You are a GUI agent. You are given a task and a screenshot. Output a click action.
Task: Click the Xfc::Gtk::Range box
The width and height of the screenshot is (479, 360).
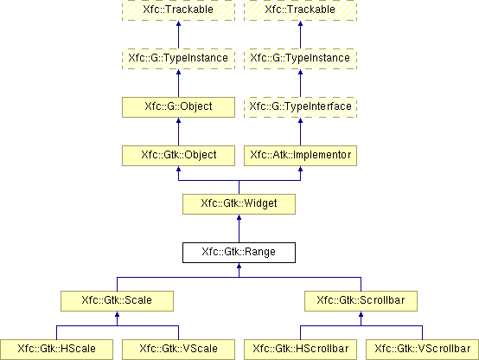click(x=239, y=253)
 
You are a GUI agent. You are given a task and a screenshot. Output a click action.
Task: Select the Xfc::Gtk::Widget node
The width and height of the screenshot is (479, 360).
click(x=239, y=204)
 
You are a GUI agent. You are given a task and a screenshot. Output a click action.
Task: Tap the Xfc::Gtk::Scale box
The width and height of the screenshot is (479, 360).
click(x=117, y=301)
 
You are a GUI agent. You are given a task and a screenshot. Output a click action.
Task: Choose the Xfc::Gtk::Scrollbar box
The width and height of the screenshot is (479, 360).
click(x=361, y=301)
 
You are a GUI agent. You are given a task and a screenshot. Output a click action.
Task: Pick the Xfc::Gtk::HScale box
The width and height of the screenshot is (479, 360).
click(x=56, y=350)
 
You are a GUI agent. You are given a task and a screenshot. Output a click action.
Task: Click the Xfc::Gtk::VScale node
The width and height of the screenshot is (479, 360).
click(x=178, y=350)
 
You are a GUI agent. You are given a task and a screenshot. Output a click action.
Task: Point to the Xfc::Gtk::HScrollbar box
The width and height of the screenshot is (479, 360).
click(x=300, y=350)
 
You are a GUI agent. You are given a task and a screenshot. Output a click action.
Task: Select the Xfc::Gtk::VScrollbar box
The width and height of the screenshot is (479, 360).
click(x=422, y=350)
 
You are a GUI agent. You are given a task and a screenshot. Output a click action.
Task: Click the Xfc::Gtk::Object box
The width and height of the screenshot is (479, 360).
click(x=178, y=156)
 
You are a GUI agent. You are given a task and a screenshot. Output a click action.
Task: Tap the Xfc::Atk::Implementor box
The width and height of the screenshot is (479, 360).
click(x=300, y=156)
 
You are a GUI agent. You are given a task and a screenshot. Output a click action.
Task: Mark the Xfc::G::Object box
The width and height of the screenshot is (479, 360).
click(x=178, y=107)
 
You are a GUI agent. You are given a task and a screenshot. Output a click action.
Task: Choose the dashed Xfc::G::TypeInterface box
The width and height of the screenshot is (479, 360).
click(x=300, y=107)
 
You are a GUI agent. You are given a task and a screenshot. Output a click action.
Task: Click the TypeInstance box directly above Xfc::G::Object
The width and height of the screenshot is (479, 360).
click(x=178, y=59)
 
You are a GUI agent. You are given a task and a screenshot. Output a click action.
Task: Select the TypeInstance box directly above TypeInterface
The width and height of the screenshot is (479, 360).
click(x=300, y=59)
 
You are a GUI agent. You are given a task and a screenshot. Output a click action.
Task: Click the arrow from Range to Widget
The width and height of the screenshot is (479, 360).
click(x=239, y=228)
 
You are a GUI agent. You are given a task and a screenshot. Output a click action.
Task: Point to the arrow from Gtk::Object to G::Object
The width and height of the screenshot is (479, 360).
click(x=178, y=132)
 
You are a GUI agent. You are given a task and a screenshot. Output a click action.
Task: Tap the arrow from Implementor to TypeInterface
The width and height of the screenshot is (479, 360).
click(x=300, y=132)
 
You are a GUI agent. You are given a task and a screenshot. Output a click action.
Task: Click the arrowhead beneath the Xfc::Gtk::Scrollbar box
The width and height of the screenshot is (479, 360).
click(x=361, y=314)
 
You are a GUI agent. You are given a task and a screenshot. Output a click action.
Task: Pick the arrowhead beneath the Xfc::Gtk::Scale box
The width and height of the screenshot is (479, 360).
click(x=117, y=314)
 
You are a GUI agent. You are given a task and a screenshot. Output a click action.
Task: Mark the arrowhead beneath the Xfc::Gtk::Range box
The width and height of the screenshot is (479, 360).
click(x=239, y=266)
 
